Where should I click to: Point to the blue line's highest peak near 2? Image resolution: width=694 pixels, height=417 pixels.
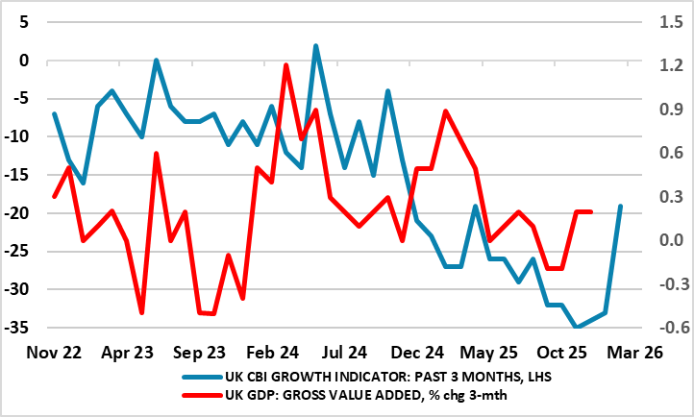pyautogui.click(x=315, y=45)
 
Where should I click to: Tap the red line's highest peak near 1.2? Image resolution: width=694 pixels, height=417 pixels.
pyautogui.click(x=286, y=65)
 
